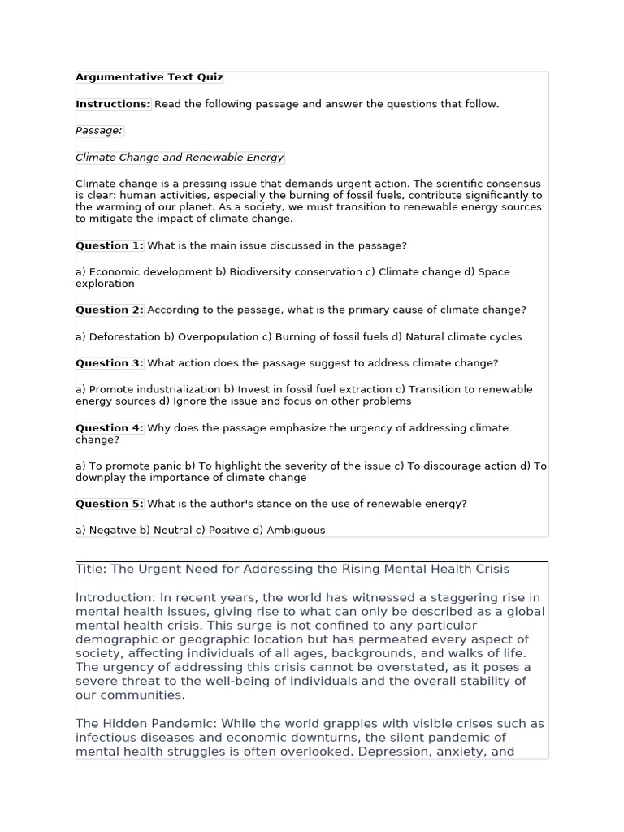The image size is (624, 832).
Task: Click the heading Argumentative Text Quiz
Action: coord(149,78)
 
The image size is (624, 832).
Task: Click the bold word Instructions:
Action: coord(113,104)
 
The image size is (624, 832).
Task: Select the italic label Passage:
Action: coord(99,131)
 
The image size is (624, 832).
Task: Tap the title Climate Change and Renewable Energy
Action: coord(180,158)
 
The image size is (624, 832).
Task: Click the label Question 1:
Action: coord(110,245)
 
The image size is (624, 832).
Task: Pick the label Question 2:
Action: coord(110,310)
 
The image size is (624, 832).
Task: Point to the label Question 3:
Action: coord(110,363)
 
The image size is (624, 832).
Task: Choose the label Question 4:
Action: coord(110,428)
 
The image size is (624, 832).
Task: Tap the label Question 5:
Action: coord(110,504)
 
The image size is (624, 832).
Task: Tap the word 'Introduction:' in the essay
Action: coord(113,598)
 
